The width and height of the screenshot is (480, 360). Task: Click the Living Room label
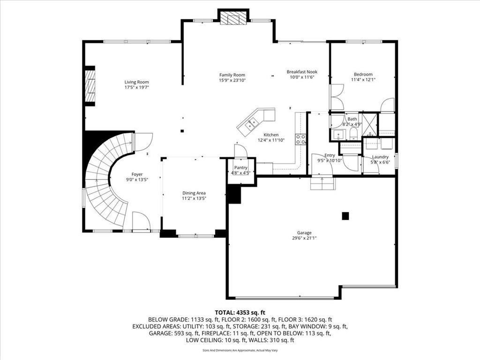click(136, 82)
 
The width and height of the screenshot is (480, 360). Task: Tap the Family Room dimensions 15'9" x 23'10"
click(232, 80)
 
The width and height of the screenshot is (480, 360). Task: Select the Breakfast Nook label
click(302, 72)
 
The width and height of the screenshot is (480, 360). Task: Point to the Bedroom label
click(363, 74)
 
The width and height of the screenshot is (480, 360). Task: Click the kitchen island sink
click(252, 123)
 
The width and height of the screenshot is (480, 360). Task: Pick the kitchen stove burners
click(300, 139)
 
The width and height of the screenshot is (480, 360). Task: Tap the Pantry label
click(240, 168)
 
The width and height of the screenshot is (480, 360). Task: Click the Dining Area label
click(194, 193)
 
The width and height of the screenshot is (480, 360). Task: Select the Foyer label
click(137, 174)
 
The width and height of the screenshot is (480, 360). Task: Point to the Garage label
click(304, 232)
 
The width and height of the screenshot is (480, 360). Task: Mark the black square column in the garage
click(345, 216)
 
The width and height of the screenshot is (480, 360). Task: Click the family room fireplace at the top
click(233, 18)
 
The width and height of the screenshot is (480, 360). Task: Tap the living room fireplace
click(90, 86)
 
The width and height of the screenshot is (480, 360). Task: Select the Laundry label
click(380, 157)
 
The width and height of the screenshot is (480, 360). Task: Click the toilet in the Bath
click(353, 134)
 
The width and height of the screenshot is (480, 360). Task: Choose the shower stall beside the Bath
click(369, 125)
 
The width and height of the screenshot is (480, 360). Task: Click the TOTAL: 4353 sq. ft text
click(240, 313)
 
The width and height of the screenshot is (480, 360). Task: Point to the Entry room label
click(330, 155)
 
